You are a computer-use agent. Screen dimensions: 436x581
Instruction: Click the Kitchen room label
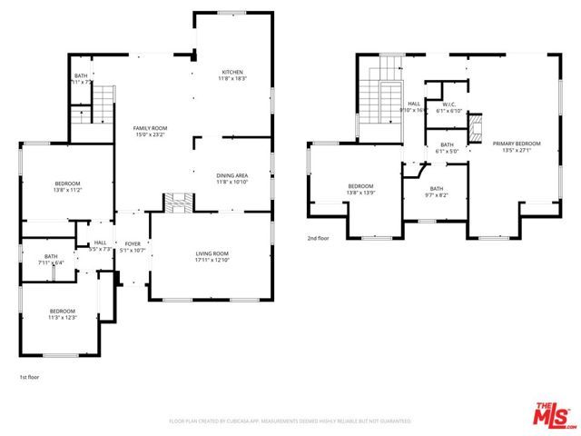[233, 74]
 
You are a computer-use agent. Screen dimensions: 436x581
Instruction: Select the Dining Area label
[232, 179]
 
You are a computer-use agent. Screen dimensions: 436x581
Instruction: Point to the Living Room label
[212, 257]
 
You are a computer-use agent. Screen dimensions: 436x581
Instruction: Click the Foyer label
[133, 246]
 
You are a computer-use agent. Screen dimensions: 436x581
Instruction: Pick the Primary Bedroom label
[516, 146]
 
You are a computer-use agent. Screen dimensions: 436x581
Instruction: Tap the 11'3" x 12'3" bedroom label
[63, 314]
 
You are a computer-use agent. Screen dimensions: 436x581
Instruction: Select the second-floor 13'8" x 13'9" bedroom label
[360, 190]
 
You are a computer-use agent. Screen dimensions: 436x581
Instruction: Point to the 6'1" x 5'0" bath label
[447, 148]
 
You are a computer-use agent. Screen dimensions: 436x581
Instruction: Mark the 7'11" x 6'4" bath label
[51, 260]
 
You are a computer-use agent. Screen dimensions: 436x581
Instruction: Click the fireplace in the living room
[175, 201]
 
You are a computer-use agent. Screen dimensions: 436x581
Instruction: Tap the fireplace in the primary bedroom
[476, 130]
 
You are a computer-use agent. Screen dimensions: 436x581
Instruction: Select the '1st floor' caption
[30, 376]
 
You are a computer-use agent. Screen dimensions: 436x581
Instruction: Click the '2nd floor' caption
[320, 238]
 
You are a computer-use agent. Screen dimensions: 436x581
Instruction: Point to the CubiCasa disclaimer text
[290, 421]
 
